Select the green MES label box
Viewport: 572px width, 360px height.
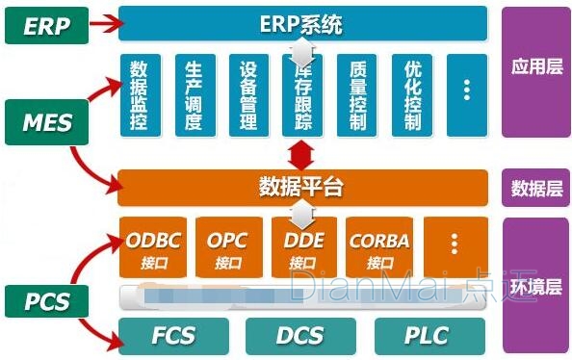(47, 122)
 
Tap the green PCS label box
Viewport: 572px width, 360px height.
(47, 300)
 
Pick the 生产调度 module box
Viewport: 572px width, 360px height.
(194, 94)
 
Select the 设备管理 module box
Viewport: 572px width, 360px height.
(248, 94)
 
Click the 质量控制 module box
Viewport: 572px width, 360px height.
(356, 94)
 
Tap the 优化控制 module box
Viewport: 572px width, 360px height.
(412, 94)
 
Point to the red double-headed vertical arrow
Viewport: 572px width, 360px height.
(301, 152)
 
